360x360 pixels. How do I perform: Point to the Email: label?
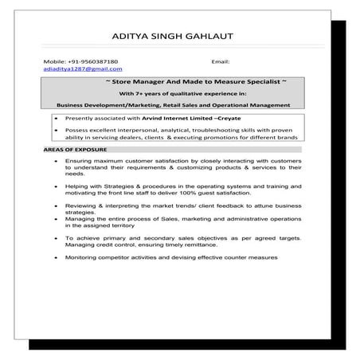(221, 61)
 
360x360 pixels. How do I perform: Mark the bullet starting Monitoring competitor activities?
(171, 257)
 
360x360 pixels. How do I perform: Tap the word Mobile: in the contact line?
(53, 61)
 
